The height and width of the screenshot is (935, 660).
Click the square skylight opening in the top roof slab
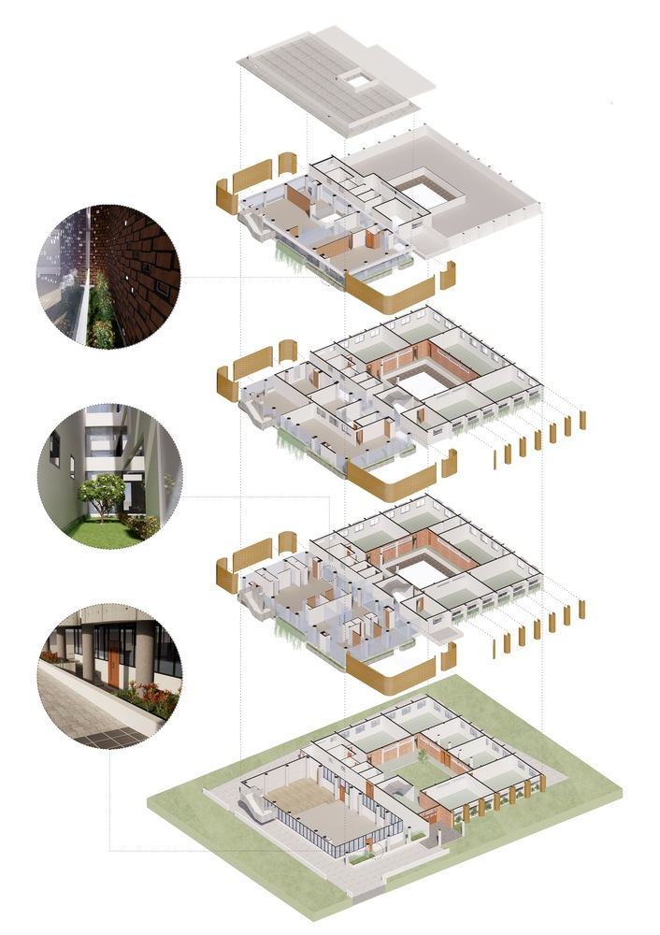(x=356, y=79)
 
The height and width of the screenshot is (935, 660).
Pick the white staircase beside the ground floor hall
(x=252, y=802)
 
